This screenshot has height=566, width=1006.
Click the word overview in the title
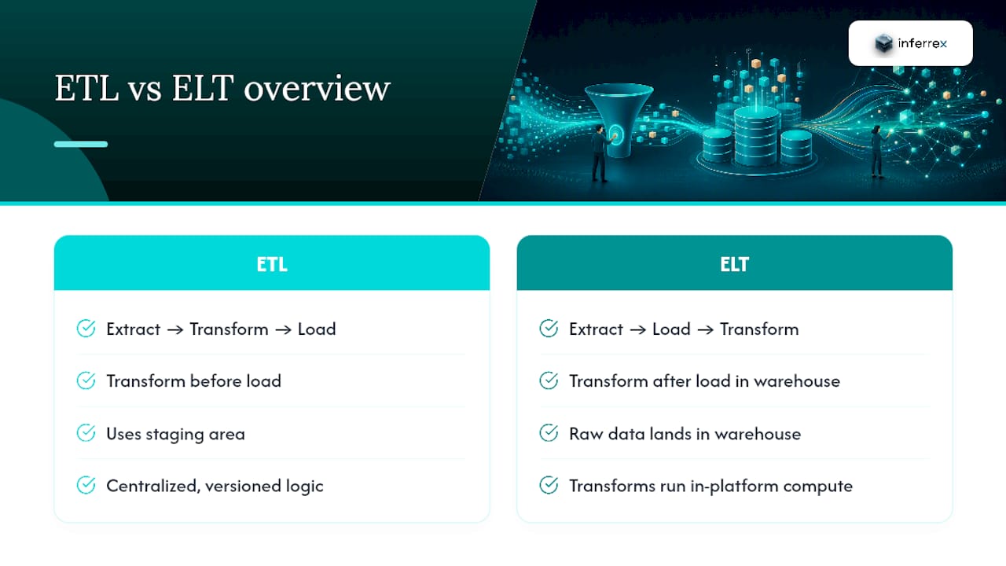point(317,88)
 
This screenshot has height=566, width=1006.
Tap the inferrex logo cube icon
point(883,43)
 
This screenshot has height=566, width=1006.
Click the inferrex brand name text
point(922,43)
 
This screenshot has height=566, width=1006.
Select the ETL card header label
point(272,264)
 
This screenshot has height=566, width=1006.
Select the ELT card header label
point(734,264)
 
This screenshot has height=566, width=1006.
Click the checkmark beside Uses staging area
point(86,433)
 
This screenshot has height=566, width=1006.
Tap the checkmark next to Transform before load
point(86,381)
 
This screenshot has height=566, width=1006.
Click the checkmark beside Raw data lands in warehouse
point(549,433)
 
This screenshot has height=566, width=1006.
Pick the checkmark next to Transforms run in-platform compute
point(549,485)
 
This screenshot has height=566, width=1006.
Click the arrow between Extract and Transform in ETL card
point(175,330)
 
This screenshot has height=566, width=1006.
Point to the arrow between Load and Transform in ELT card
point(705,330)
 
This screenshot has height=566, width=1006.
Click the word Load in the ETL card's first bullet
point(317,329)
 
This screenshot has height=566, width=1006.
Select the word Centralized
point(153,486)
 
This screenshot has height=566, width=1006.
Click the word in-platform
point(734,487)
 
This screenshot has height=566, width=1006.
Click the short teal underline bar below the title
point(81,144)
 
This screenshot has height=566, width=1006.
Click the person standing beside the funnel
point(600,153)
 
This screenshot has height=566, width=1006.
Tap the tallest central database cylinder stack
point(756,136)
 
